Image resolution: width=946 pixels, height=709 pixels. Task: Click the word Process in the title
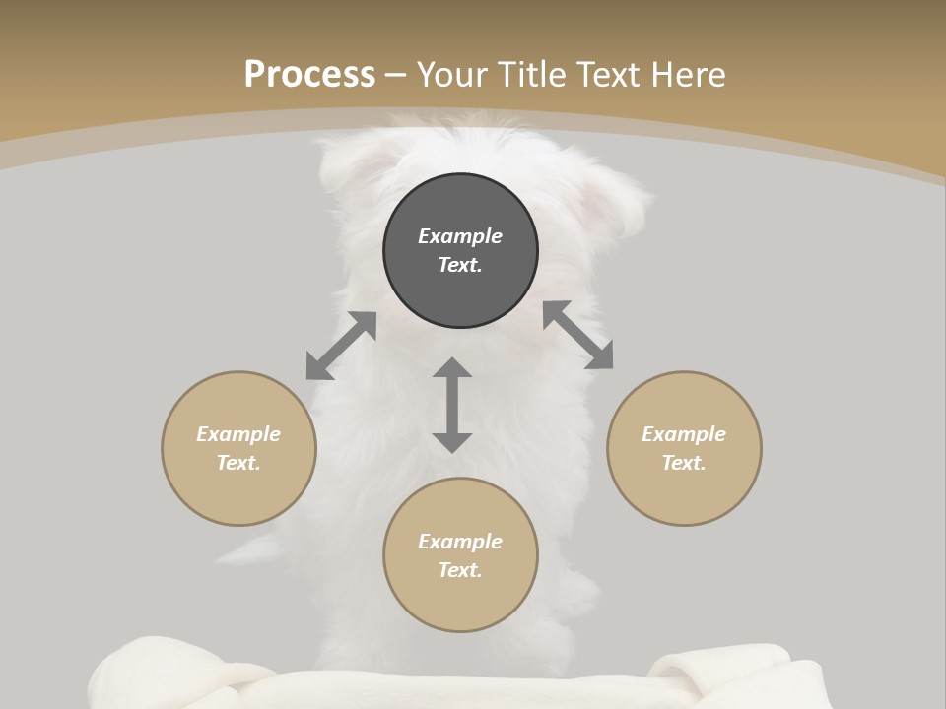click(309, 75)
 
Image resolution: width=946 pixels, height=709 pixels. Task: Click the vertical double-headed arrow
click(452, 405)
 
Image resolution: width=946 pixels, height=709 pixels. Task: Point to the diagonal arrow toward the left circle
click(341, 346)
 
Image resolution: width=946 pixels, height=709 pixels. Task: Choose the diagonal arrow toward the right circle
click(578, 336)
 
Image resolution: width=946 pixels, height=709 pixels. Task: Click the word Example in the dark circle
click(460, 236)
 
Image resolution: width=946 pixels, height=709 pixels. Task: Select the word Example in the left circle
click(238, 434)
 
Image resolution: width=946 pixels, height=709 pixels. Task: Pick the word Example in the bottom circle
click(460, 542)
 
